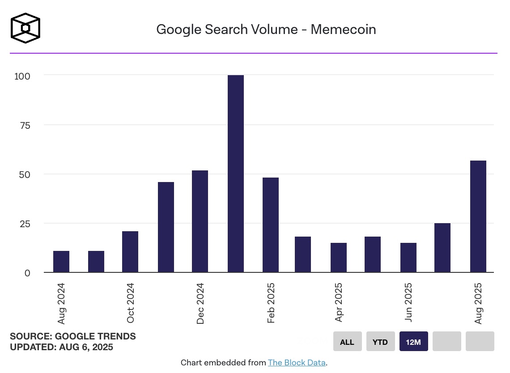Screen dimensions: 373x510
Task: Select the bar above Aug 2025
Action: [478, 216]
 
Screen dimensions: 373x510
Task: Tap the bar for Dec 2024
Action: [200, 221]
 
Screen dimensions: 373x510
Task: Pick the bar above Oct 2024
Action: [130, 252]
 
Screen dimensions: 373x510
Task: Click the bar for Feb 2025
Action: [271, 225]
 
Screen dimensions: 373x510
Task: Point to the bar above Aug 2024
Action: [61, 262]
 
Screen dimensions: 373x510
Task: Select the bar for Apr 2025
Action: [339, 258]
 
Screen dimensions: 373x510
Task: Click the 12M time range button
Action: [414, 342]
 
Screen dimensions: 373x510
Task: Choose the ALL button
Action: [347, 342]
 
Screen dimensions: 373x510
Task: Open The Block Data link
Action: [297, 363]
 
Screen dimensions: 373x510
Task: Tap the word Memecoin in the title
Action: [343, 30]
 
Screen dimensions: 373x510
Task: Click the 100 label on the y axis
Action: [22, 76]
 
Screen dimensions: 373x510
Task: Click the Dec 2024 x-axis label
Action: [200, 303]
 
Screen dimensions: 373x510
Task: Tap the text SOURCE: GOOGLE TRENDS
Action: [73, 336]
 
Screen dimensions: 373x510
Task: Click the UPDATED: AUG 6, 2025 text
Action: [61, 347]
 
